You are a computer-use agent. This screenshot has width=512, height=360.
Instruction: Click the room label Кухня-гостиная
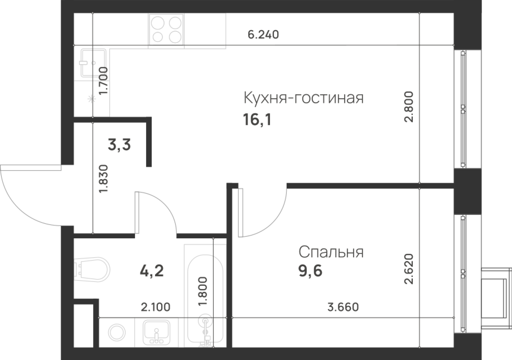[303, 98]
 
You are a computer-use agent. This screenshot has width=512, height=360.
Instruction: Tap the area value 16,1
[257, 121]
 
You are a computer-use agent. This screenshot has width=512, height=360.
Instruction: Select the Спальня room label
[331, 252]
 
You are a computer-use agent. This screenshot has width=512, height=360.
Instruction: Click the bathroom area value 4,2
[152, 272]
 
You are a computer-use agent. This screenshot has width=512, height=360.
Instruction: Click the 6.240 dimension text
[263, 35]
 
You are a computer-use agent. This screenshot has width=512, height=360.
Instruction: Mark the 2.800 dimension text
[409, 106]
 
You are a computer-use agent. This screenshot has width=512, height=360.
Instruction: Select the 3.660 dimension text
[343, 307]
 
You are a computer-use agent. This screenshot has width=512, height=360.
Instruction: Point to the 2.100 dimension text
[156, 307]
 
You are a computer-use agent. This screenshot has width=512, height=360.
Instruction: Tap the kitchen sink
[93, 63]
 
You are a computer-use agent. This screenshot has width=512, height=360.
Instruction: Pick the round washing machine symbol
[117, 332]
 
